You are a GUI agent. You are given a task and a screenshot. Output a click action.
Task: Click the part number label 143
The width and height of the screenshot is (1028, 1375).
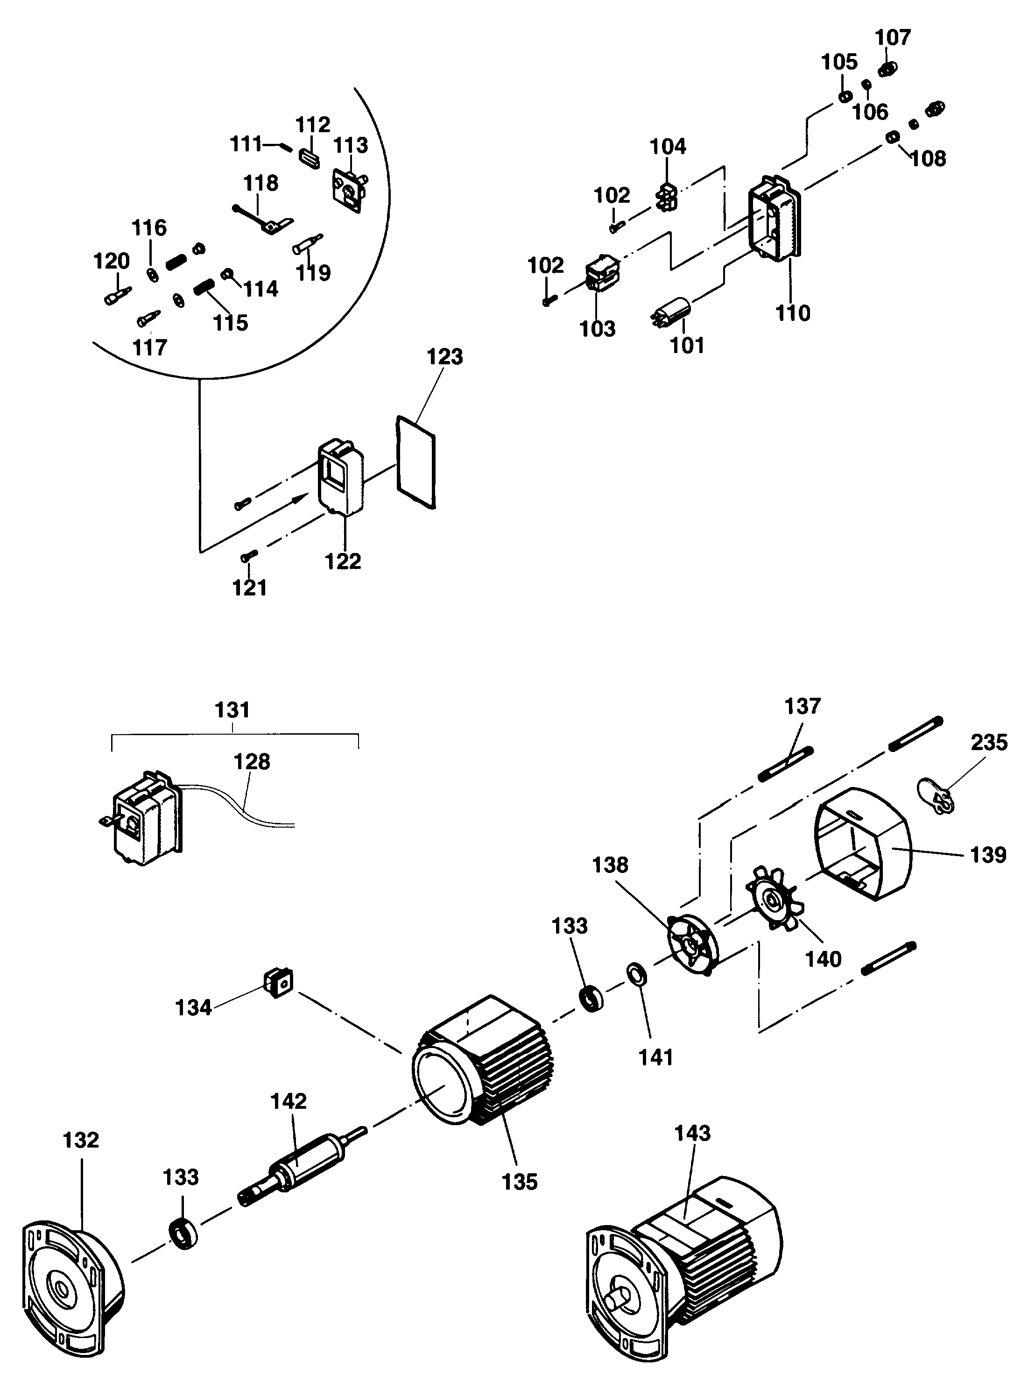coord(692,1133)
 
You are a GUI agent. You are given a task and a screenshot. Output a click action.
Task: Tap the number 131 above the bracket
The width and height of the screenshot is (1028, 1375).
coord(232,710)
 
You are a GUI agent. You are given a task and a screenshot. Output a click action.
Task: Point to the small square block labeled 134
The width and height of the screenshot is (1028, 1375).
coord(278,982)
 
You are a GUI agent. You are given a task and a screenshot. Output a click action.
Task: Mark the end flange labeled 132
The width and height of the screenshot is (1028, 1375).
coord(68,1290)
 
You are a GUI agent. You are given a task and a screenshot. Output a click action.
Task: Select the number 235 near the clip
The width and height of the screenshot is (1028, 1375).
coord(988,742)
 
